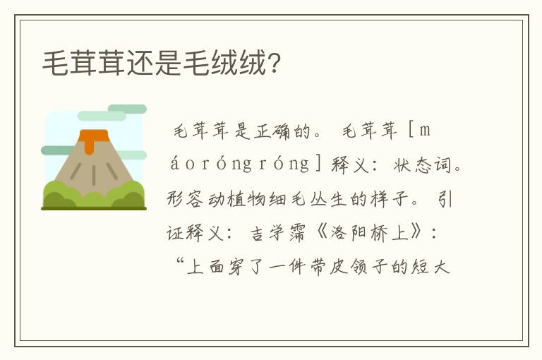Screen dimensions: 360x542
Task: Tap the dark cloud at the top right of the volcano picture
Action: coord(127,109)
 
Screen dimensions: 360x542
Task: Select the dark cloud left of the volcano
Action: coord(56,150)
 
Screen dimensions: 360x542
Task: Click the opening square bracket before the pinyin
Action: coord(411,131)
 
